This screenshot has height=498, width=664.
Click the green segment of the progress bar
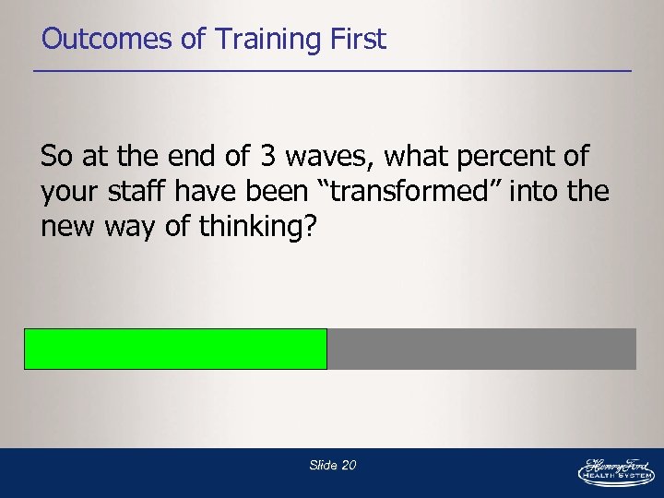click(175, 349)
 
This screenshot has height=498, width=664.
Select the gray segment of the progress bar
click(481, 349)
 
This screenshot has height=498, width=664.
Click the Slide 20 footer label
click(332, 466)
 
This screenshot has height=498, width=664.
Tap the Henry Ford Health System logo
click(615, 470)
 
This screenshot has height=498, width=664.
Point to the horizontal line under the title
click(332, 71)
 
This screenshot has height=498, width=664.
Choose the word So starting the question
click(57, 157)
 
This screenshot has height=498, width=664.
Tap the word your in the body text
click(70, 192)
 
